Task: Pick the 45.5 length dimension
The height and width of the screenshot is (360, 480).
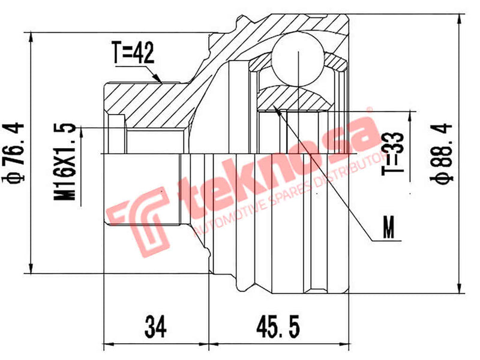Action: pyautogui.click(x=278, y=327)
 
